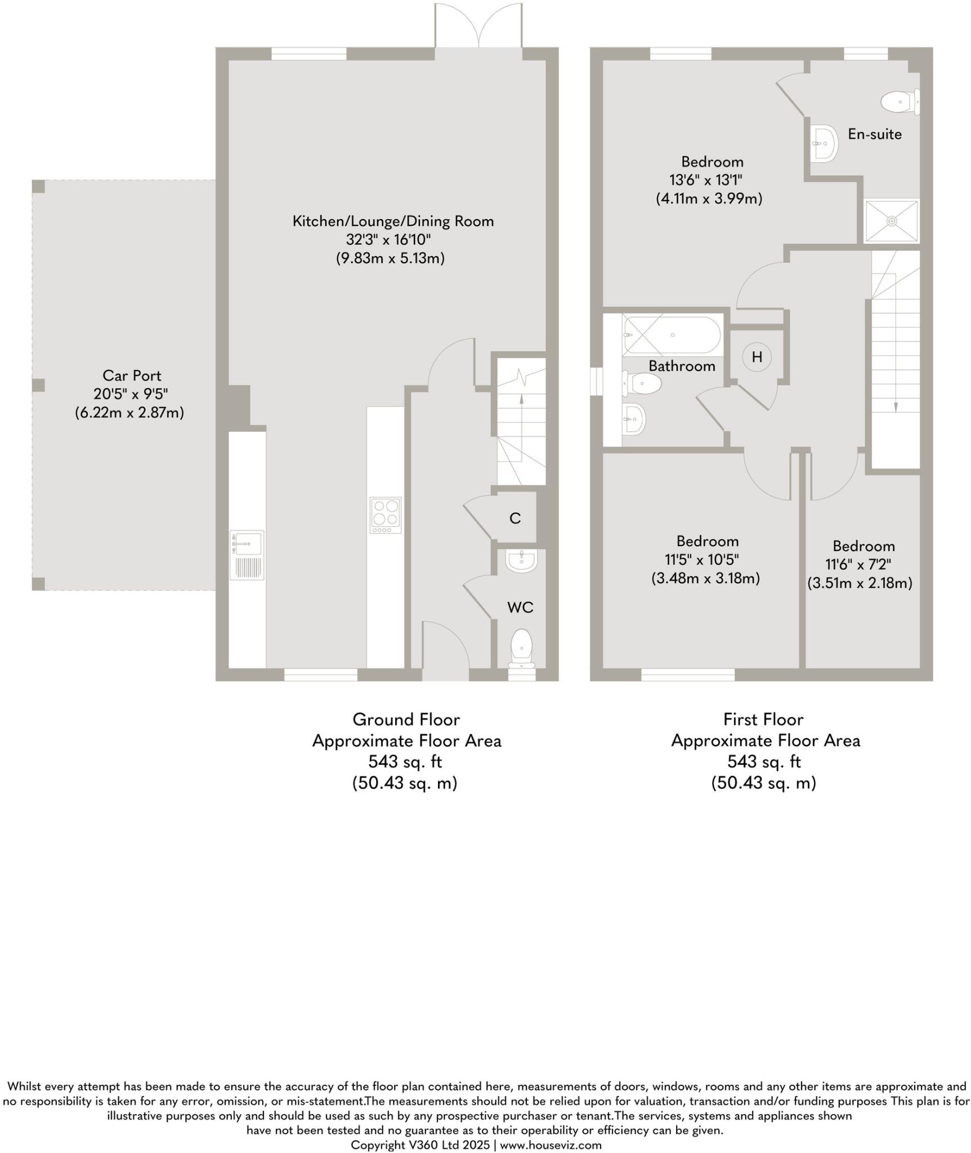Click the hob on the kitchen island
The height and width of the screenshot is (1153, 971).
tap(386, 515)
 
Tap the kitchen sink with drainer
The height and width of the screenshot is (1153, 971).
tap(247, 555)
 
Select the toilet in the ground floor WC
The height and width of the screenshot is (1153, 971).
tap(522, 647)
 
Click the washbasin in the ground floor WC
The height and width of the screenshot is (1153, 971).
tap(521, 561)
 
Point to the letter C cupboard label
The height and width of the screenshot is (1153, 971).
tap(514, 518)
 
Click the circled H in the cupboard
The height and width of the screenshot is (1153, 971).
tap(757, 356)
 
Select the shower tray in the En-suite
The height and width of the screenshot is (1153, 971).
tap(891, 221)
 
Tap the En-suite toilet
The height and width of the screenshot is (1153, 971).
tap(899, 102)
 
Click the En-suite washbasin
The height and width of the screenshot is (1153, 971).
tap(824, 144)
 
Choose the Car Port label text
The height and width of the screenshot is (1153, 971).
tap(132, 376)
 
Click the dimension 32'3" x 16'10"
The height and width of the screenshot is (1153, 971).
tap(388, 240)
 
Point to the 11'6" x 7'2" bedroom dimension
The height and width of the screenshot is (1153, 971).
tap(858, 564)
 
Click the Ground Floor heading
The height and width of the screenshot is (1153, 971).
tap(406, 719)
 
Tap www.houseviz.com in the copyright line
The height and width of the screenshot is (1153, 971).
tap(551, 1145)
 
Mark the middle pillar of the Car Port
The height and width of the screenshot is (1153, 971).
tap(38, 385)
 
